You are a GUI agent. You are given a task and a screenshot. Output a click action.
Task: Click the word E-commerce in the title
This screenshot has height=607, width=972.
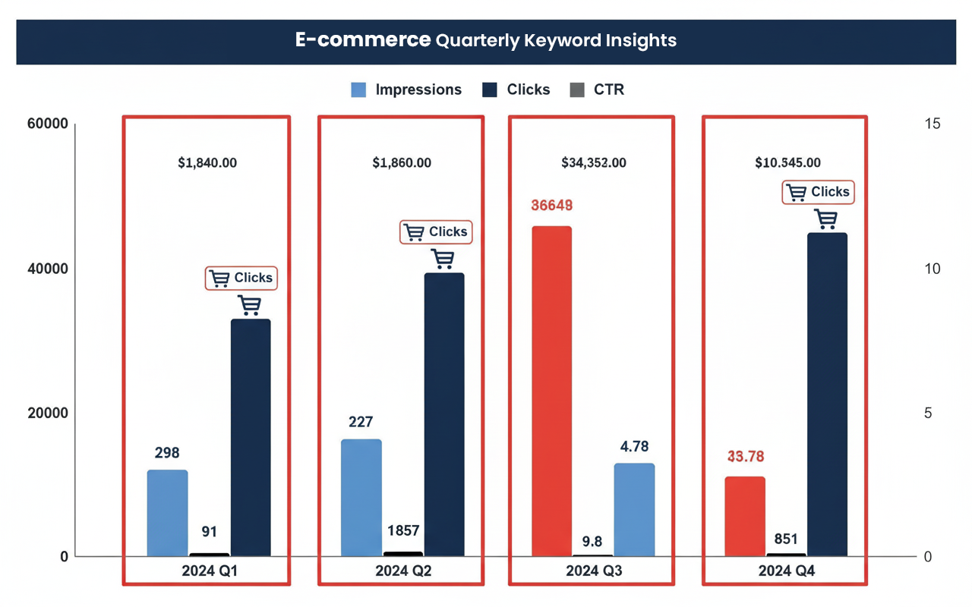pyautogui.click(x=363, y=40)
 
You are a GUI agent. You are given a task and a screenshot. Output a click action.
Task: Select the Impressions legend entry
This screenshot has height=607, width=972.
pyautogui.click(x=406, y=90)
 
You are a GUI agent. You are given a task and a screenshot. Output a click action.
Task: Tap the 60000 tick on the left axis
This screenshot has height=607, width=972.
pyautogui.click(x=49, y=124)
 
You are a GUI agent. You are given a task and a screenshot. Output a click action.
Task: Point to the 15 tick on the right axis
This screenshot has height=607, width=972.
pyautogui.click(x=933, y=124)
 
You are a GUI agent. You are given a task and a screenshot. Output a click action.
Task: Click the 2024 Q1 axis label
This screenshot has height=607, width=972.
pyautogui.click(x=210, y=571)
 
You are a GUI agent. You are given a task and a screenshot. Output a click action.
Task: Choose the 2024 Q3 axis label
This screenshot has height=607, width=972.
pyautogui.click(x=594, y=571)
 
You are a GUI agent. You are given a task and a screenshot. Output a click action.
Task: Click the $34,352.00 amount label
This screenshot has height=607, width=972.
pyautogui.click(x=594, y=162)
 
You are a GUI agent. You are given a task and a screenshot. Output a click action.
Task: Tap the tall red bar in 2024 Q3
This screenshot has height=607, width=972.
pyautogui.click(x=551, y=391)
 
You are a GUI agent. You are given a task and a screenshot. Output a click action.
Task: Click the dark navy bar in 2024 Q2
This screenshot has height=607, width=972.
pyautogui.click(x=444, y=414)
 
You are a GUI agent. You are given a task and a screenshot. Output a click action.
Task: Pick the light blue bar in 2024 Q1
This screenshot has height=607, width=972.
pyautogui.click(x=167, y=513)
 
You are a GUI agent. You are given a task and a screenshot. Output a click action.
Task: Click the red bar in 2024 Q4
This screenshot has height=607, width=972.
pyautogui.click(x=745, y=516)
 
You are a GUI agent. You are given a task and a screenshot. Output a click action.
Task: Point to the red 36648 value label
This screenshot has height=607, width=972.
pyautogui.click(x=551, y=206)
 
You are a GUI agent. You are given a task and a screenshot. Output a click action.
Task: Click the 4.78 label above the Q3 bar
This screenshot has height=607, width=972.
pyautogui.click(x=634, y=447)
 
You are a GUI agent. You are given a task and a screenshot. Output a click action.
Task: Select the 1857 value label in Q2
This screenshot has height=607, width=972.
pyautogui.click(x=402, y=531)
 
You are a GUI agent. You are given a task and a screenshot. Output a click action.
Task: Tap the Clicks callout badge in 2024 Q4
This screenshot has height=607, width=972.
pyautogui.click(x=818, y=192)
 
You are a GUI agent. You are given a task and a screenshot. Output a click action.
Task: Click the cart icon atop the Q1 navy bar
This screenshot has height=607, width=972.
pyautogui.click(x=249, y=305)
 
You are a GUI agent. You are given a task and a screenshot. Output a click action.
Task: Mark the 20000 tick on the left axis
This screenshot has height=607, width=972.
pyautogui.click(x=49, y=413)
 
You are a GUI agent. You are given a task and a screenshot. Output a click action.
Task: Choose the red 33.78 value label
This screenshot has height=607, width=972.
pyautogui.click(x=745, y=457)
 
